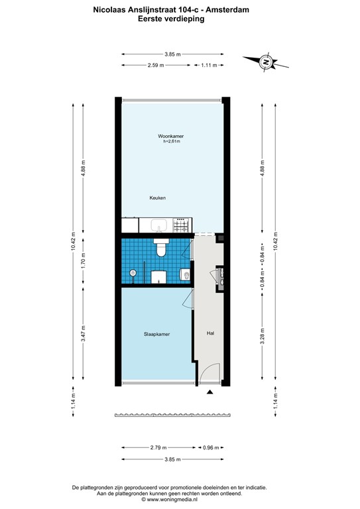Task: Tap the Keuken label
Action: pyautogui.click(x=157, y=198)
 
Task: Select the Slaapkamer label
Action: pyautogui.click(x=156, y=334)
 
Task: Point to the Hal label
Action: pyautogui.click(x=211, y=334)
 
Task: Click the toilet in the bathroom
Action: pyautogui.click(x=160, y=249)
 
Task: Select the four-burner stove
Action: pyautogui.click(x=182, y=226)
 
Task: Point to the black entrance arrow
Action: pyautogui.click(x=210, y=393)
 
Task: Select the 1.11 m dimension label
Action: pyautogui.click(x=210, y=65)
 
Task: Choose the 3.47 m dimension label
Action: pyautogui.click(x=83, y=332)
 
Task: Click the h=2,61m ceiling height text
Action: pyautogui.click(x=172, y=142)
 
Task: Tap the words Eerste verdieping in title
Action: pyautogui.click(x=170, y=20)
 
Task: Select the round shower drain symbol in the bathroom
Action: pyautogui.click(x=133, y=272)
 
